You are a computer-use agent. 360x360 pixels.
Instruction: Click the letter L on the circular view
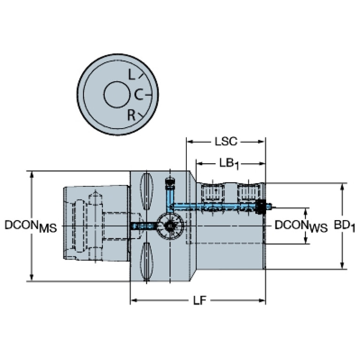(x=132, y=74)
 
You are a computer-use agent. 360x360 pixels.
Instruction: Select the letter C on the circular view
(x=138, y=95)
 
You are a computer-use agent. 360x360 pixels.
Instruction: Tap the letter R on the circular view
(x=132, y=114)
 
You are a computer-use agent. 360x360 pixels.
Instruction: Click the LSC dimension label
(x=227, y=141)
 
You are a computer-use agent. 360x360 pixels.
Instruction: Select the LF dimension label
(x=199, y=300)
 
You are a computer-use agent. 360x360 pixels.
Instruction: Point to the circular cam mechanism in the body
(x=169, y=226)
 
